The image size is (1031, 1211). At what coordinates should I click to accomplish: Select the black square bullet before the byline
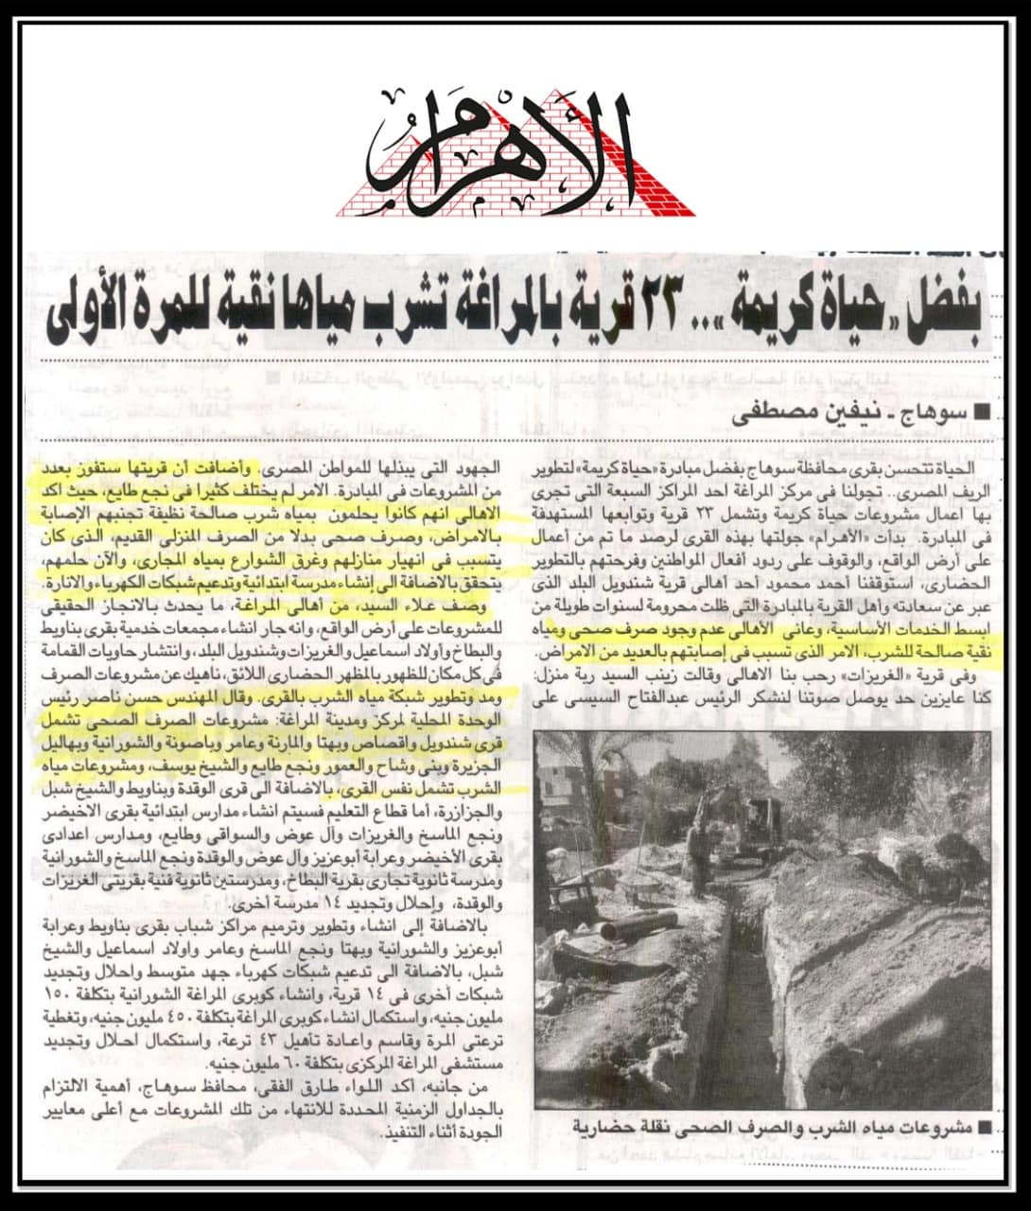(984, 413)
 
